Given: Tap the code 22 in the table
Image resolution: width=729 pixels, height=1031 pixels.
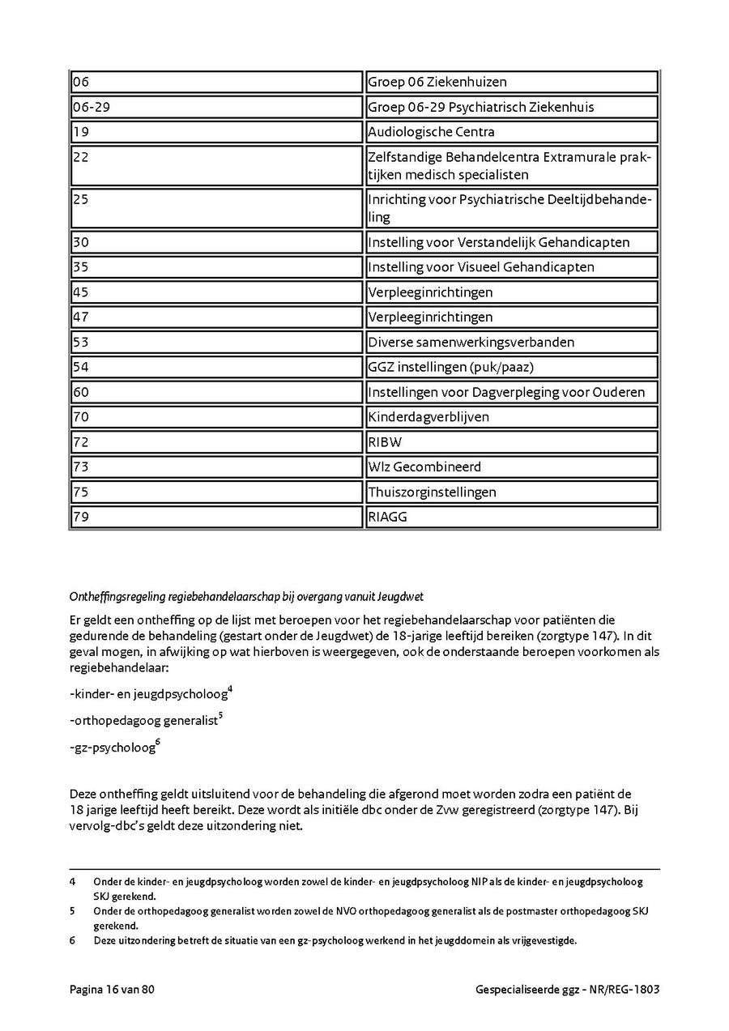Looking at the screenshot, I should (x=81, y=157).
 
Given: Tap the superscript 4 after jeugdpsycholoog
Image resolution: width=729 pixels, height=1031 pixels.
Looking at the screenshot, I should (x=230, y=689).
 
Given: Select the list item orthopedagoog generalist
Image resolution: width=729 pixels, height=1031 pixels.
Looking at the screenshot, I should (x=145, y=720).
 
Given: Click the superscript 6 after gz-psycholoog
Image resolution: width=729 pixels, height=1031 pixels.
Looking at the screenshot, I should (x=158, y=743).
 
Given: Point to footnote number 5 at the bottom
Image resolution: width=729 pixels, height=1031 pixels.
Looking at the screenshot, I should (x=73, y=911).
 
